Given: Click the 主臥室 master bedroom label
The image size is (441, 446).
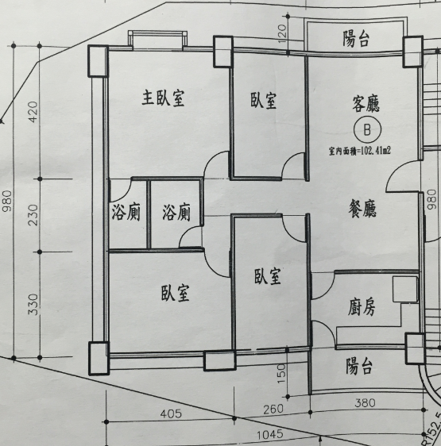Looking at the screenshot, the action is click(163, 98).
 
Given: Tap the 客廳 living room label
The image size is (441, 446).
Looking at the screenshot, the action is click(366, 104).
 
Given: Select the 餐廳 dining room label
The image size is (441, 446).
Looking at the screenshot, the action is click(362, 209).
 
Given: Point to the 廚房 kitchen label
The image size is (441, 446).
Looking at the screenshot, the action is click(362, 307).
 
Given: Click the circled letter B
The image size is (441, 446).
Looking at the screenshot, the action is click(367, 130).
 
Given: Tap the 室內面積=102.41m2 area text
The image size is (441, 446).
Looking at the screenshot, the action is click(359, 151).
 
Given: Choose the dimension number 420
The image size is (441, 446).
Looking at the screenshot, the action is click(33, 112).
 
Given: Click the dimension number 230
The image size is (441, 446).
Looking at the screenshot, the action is click(33, 215).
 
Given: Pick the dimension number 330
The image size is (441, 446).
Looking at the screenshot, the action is click(33, 305).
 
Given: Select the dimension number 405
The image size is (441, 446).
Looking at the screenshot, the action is click(171, 413).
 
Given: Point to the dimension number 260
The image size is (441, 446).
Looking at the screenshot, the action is click(273, 409).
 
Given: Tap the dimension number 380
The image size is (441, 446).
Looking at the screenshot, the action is click(366, 403).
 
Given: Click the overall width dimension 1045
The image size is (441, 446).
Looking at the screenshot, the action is click(270, 434).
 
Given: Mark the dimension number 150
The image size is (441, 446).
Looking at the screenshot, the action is click(281, 374).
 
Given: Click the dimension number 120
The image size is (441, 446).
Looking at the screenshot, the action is click(281, 34).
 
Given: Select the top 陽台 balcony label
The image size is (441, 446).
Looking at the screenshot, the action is click(356, 39).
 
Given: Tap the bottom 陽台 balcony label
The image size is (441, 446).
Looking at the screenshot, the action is click(359, 367).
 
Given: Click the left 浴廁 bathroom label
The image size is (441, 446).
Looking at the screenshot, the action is click(126, 212).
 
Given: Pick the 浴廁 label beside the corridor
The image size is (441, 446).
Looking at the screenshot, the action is click(176, 212).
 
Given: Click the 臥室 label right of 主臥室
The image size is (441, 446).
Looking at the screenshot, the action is click(264, 101).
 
